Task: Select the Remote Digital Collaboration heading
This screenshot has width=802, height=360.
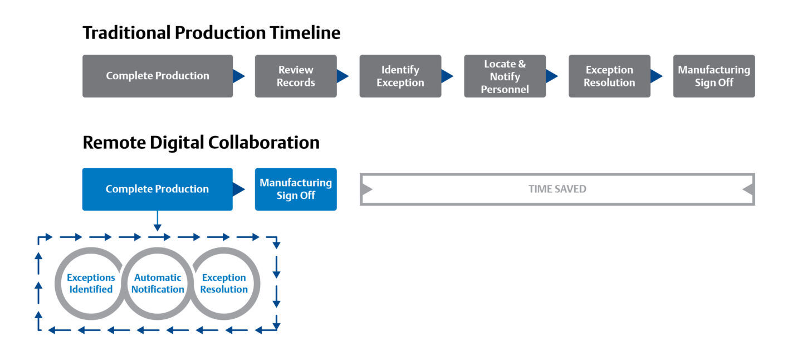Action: pyautogui.click(x=201, y=143)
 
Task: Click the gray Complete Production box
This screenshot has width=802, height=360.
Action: pyautogui.click(x=158, y=76)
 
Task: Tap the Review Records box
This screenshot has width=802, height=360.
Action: pyautogui.click(x=296, y=76)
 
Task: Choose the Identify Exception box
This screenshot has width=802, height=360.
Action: pyautogui.click(x=400, y=76)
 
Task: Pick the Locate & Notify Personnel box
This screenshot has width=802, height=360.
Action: pyautogui.click(x=505, y=76)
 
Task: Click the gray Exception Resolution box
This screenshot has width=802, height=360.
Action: pyautogui.click(x=609, y=76)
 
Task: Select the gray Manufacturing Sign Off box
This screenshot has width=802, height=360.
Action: pyautogui.click(x=714, y=76)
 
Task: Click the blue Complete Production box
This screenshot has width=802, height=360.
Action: pyautogui.click(x=158, y=189)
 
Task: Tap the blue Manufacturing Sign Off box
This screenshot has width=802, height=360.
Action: pyautogui.click(x=296, y=189)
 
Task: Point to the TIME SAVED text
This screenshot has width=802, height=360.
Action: pyautogui.click(x=558, y=189)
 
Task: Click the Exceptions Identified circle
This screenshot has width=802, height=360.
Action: pyautogui.click(x=57, y=284)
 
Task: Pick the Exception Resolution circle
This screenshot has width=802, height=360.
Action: pyautogui.click(x=257, y=284)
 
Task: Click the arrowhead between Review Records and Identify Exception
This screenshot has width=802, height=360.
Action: pyautogui.click(x=342, y=76)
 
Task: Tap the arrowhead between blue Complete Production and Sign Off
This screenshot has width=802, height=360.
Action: pyautogui.click(x=238, y=189)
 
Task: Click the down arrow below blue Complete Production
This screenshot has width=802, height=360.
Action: pyautogui.click(x=158, y=221)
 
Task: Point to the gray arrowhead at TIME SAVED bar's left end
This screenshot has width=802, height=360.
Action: pyautogui.click(x=366, y=189)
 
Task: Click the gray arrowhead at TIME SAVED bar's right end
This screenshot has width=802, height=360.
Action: pyautogui.click(x=748, y=189)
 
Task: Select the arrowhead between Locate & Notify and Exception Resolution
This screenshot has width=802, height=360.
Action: pyautogui.click(x=551, y=76)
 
